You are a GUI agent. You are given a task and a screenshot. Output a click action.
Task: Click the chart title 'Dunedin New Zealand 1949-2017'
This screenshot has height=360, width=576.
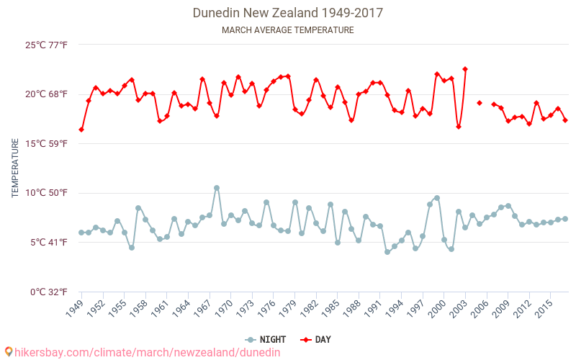pyautogui.click(x=287, y=13)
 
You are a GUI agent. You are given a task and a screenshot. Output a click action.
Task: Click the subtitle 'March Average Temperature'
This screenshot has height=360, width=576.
pyautogui.click(x=287, y=30)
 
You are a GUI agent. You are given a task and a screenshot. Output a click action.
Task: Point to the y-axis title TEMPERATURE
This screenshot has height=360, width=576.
pyautogui.click(x=15, y=168)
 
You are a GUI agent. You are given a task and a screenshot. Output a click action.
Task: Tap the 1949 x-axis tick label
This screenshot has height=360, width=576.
pyautogui.click(x=75, y=310)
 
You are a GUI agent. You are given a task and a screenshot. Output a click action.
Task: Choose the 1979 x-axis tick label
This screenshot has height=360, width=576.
pyautogui.click(x=288, y=310)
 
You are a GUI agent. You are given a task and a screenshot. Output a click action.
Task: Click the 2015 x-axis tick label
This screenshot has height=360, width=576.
pyautogui.click(x=544, y=310)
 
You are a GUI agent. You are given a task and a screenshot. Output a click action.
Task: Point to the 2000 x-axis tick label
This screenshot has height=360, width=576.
pyautogui.click(x=438, y=310)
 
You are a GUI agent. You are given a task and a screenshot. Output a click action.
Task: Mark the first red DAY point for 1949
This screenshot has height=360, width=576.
pyautogui.click(x=81, y=130)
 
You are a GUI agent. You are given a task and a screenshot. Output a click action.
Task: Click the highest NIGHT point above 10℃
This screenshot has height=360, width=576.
pyautogui.click(x=217, y=188)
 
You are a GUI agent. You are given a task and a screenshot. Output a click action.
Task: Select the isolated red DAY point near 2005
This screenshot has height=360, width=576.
pyautogui.click(x=480, y=103)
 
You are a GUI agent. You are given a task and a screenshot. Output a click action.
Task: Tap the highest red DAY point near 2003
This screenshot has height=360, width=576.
pyautogui.click(x=465, y=69)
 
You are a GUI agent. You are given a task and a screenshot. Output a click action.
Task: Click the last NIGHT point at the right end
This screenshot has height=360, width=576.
pyautogui.click(x=565, y=219)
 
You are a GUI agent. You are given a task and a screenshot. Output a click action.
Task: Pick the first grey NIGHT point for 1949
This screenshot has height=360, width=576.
pyautogui.click(x=81, y=233)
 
